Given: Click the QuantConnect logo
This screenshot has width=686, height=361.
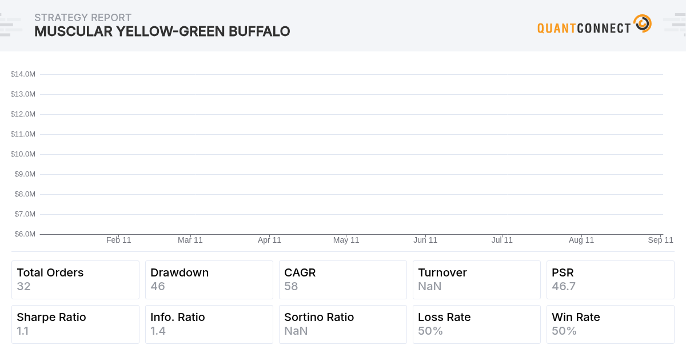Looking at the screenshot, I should [594, 25].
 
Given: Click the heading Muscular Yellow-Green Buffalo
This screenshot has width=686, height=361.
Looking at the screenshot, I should [162, 31].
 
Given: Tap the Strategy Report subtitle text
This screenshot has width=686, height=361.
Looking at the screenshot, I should [83, 18].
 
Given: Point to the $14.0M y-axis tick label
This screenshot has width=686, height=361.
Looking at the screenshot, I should [23, 74].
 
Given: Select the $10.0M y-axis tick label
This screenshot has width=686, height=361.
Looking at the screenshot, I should [23, 154].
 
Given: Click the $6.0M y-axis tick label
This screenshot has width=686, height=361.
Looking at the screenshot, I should [25, 234].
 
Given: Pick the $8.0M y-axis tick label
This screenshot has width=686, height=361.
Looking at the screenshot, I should [25, 194].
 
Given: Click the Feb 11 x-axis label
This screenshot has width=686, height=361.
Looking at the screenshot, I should [119, 240].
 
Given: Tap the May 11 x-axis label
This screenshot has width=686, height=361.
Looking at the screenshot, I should [346, 240].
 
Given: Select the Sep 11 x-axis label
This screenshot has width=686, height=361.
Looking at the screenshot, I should [660, 240].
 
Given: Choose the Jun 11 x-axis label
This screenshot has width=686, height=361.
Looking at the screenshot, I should [425, 240].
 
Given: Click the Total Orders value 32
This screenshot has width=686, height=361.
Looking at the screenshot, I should [23, 286].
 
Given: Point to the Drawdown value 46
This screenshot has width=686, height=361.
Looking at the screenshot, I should [158, 286].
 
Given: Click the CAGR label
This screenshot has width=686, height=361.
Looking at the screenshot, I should [300, 272].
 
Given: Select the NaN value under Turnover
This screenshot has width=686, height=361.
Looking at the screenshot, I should [430, 286].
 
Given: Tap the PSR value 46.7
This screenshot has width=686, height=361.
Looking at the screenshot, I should [564, 286].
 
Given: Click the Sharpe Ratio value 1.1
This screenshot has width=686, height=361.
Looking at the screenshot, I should [23, 331].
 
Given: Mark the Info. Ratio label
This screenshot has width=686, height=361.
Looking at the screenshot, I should [178, 317].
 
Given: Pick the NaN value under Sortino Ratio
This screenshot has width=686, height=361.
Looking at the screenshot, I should [296, 331].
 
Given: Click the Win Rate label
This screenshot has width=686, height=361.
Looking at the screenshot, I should [576, 317].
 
